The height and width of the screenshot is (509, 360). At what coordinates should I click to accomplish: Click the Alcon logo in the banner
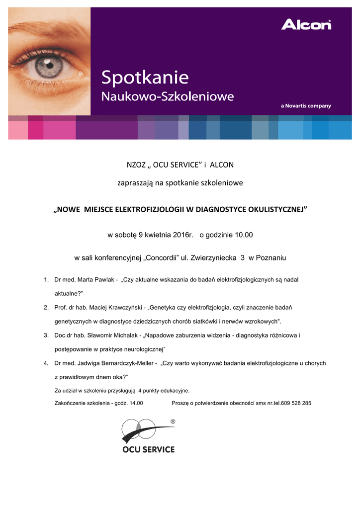click(306, 24)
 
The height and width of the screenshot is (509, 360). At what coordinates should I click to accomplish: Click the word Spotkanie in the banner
click(145, 79)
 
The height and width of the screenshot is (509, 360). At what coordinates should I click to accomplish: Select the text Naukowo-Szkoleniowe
click(168, 96)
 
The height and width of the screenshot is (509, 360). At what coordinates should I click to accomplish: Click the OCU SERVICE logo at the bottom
click(148, 436)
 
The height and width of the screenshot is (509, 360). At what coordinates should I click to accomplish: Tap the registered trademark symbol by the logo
click(173, 422)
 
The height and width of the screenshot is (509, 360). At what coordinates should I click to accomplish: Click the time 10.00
click(242, 234)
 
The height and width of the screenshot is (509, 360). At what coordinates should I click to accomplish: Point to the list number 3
click(46, 336)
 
